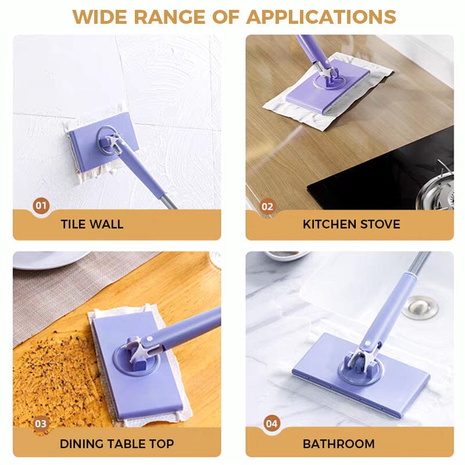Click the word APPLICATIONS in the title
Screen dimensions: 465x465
pyautogui.click(x=321, y=16)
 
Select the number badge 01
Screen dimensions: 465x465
pyautogui.click(x=41, y=205)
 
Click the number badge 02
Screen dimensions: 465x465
pyautogui.click(x=267, y=206)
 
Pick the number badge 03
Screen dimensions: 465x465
pyautogui.click(x=41, y=423)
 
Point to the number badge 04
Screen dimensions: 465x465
pyautogui.click(x=271, y=423)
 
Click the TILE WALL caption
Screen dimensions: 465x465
pyautogui.click(x=92, y=224)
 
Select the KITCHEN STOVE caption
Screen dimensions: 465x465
pyautogui.click(x=351, y=224)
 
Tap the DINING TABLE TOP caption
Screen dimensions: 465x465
pyautogui.click(x=116, y=444)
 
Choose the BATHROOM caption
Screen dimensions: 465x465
pyautogui.click(x=338, y=444)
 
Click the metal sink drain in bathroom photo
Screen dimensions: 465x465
pyautogui.click(x=420, y=306)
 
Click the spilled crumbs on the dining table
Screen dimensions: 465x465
pyautogui.click(x=52, y=372)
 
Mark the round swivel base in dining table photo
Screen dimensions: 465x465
pyautogui.click(x=137, y=360)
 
